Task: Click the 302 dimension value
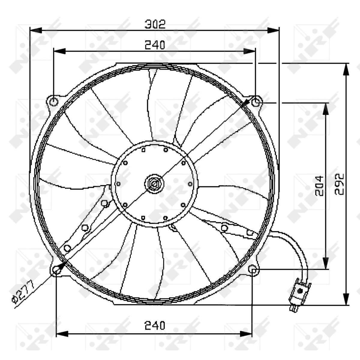point(155,24)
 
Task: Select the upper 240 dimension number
point(155,45)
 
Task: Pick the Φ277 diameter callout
point(23,293)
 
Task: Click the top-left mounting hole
point(54,102)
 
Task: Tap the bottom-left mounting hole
point(56,270)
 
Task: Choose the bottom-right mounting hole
point(252,269)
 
